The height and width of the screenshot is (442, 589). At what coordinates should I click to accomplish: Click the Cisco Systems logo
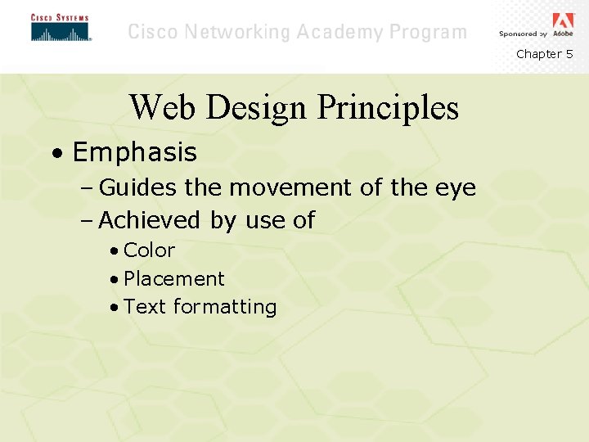(x=61, y=28)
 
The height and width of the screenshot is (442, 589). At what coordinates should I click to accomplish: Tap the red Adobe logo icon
(x=563, y=20)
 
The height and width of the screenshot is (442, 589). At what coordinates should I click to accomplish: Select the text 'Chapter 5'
(x=544, y=54)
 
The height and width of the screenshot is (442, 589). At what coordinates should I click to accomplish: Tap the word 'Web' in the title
(x=160, y=107)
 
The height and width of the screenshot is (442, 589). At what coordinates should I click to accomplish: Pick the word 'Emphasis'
(x=134, y=152)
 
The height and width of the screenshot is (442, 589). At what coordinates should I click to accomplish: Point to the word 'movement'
(x=291, y=188)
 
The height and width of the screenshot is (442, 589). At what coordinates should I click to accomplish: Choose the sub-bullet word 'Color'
(x=149, y=250)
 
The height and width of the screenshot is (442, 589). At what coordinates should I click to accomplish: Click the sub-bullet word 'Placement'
(x=173, y=278)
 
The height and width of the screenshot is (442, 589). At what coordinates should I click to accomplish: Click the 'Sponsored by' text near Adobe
(x=523, y=34)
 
